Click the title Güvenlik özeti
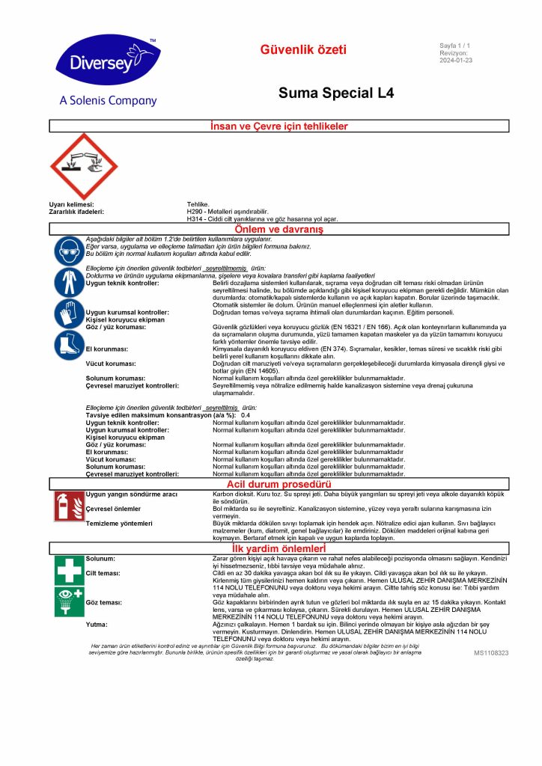(x=303, y=50)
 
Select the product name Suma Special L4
(x=336, y=94)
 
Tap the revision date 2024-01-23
(x=456, y=61)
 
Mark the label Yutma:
(x=96, y=623)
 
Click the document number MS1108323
(x=490, y=653)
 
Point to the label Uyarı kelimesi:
(x=71, y=204)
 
